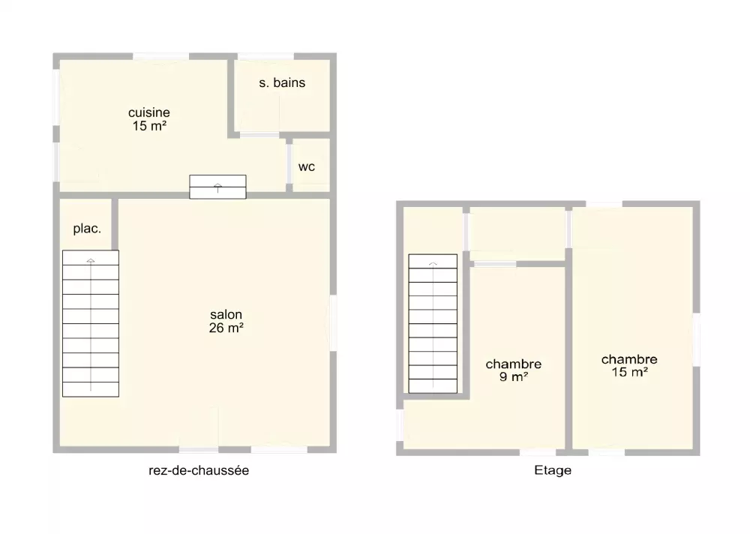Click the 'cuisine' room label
point(149,112)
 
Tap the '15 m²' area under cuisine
point(149,126)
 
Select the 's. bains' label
point(282,82)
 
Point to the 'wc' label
point(307,167)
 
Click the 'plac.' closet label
point(87,229)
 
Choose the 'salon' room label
point(226,314)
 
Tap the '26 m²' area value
point(226,328)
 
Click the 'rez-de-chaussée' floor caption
point(199,470)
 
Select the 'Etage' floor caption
point(553,470)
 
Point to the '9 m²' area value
point(514,377)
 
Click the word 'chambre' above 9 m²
point(514,364)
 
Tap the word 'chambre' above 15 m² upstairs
point(629,359)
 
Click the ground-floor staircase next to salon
point(91,323)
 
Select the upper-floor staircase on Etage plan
point(433,323)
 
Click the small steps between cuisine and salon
point(217,187)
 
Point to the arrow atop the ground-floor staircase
point(91,261)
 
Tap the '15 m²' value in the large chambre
point(629,372)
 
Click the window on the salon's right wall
point(334,323)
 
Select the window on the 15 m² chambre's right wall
point(697,340)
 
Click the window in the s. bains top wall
point(265,56)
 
